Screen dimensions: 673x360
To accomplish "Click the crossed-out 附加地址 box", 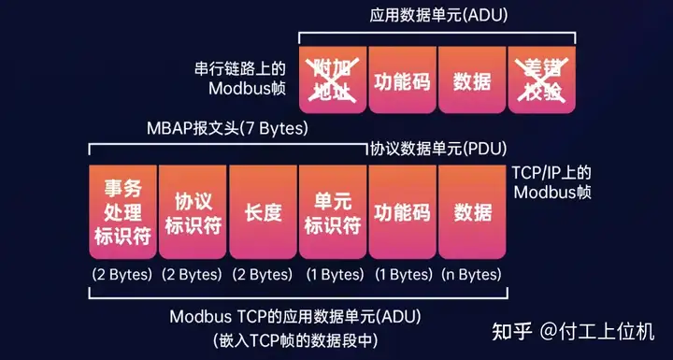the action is pos(333,79).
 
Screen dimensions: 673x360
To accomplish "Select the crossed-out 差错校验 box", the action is pos(541,79).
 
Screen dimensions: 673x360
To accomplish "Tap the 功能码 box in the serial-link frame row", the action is pos(402,80).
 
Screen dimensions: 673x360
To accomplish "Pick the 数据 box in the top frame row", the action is pos(472,80).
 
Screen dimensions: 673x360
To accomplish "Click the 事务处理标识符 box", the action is pos(122,212).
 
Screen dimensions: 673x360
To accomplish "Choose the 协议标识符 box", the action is pos(192,212).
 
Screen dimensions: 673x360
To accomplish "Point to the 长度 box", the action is pos(262,212).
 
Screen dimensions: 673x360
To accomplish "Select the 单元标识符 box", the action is pos(332,212).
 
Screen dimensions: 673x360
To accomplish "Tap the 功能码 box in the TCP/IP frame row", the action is pos(402,212).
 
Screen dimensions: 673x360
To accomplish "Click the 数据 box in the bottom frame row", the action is pos(472,212).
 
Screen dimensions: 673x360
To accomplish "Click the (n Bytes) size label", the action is pos(472,275).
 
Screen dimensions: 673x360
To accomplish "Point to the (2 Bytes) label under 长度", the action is pos(262,275).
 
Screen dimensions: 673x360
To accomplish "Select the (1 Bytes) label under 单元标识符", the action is pos(332,275).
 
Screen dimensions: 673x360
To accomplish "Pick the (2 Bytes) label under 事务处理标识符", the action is pos(122,275).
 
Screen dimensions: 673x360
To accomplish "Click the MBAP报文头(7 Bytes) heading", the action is pos(227,126).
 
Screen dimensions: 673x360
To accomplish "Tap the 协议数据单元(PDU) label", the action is pos(438,148).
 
